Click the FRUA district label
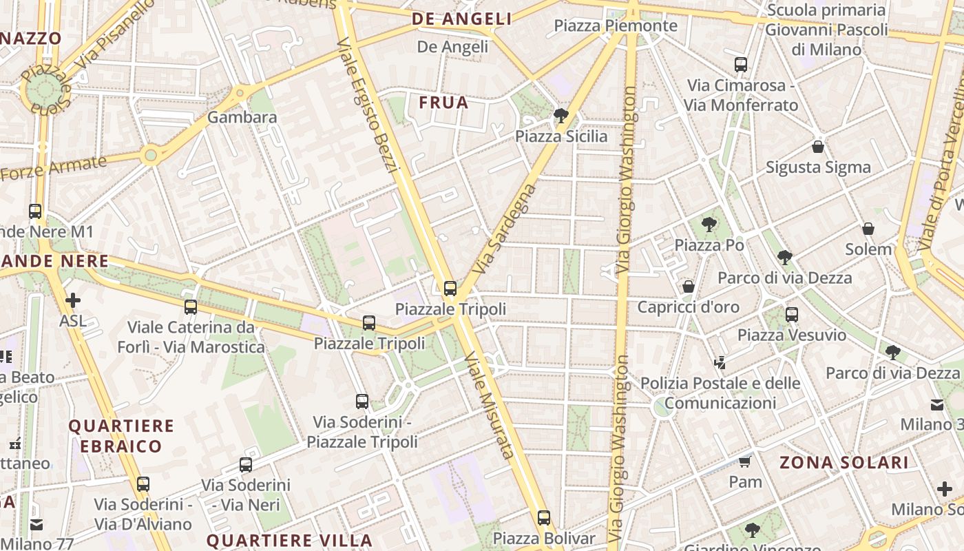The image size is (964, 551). pyautogui.click(x=443, y=103)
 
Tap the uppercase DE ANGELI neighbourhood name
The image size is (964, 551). pyautogui.click(x=462, y=19)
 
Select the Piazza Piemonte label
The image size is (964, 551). pyautogui.click(x=616, y=26)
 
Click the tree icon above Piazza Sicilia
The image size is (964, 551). pyautogui.click(x=561, y=115)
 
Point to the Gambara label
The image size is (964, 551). pyautogui.click(x=242, y=117)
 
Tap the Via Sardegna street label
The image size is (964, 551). pyautogui.click(x=505, y=227)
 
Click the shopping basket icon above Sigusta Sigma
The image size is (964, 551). pyautogui.click(x=818, y=147)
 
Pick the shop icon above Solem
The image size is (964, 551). pyautogui.click(x=868, y=229)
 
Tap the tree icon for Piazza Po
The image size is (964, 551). pyautogui.click(x=709, y=225)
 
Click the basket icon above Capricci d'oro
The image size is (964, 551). pyautogui.click(x=688, y=287)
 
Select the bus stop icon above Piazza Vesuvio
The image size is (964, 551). pyautogui.click(x=792, y=315)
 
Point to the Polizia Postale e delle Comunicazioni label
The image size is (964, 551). pyautogui.click(x=720, y=393)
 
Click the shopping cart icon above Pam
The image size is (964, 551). pyautogui.click(x=745, y=461)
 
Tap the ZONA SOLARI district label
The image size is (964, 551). pyautogui.click(x=843, y=463)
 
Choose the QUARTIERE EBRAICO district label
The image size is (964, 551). pyautogui.click(x=120, y=436)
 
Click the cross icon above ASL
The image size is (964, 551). pyautogui.click(x=73, y=300)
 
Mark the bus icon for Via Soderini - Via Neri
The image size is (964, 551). pyautogui.click(x=246, y=465)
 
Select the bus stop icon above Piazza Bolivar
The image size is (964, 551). pyautogui.click(x=544, y=517)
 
